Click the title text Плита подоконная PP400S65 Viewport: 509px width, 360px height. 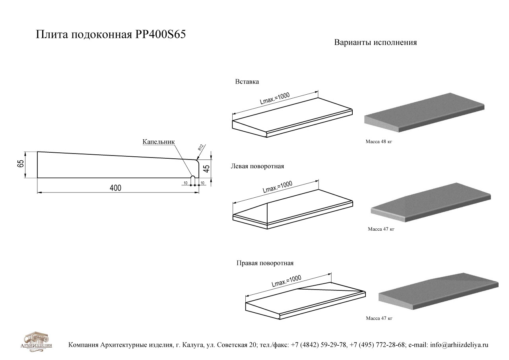[x=111, y=34]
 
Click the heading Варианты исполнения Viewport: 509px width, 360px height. [x=375, y=43]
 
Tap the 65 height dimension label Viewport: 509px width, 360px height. [x=20, y=164]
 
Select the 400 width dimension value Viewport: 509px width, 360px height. [x=115, y=188]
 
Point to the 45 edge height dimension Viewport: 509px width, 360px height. [x=206, y=168]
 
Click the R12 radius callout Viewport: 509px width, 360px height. [x=200, y=148]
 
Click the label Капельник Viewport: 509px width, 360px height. [x=159, y=142]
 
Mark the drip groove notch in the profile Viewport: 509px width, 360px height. [x=193, y=178]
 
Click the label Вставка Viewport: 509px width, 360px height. [x=247, y=82]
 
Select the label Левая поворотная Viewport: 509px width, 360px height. [x=257, y=166]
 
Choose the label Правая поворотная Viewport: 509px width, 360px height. [x=265, y=263]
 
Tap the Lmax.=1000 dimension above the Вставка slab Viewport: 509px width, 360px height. [x=275, y=98]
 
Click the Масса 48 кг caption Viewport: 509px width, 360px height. [x=379, y=142]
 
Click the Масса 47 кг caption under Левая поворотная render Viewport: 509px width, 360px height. [x=381, y=229]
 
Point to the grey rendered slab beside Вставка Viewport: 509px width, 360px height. [x=424, y=112]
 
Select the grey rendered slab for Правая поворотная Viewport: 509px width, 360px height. [x=439, y=291]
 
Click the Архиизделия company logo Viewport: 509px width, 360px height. [x=36, y=342]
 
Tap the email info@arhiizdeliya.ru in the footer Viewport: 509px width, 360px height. [x=459, y=345]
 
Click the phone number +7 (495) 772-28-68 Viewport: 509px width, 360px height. [x=377, y=345]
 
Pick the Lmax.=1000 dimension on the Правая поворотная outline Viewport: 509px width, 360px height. [x=286, y=281]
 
